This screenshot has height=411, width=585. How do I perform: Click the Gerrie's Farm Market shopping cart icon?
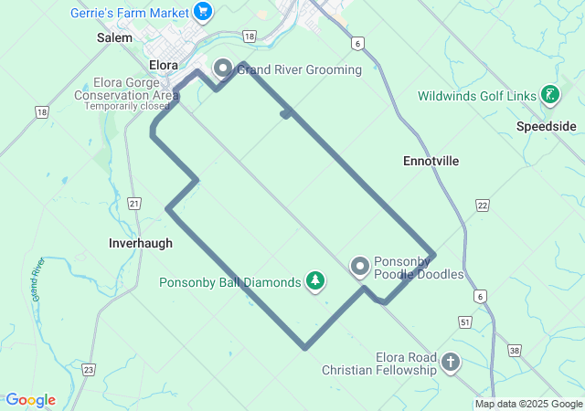coord(203,13)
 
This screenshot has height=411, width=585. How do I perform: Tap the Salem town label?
coord(114,38)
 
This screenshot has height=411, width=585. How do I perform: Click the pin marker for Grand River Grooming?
coord(223,68)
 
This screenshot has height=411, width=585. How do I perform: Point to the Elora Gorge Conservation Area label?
coord(127,89)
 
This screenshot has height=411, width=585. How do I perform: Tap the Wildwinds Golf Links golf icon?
coord(549,95)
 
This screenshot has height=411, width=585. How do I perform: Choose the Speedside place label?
coord(546,126)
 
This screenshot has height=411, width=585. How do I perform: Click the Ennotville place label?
coord(431,161)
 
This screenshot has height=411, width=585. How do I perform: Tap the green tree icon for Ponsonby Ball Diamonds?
coord(315,281)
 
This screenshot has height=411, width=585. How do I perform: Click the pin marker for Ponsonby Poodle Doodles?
coord(360,267)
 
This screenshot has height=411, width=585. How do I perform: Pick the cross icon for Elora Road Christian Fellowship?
coord(450,364)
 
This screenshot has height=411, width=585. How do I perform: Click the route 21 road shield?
coord(135,203)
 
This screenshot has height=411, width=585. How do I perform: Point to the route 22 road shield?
coord(483,205)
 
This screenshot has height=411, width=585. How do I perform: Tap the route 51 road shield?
coord(465,321)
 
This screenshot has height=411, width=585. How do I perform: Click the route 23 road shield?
coord(88,369)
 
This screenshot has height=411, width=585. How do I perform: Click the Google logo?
coord(30,400)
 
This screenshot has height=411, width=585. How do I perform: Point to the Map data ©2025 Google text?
coord(528,405)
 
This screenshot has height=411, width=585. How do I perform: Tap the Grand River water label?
coord(38,280)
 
